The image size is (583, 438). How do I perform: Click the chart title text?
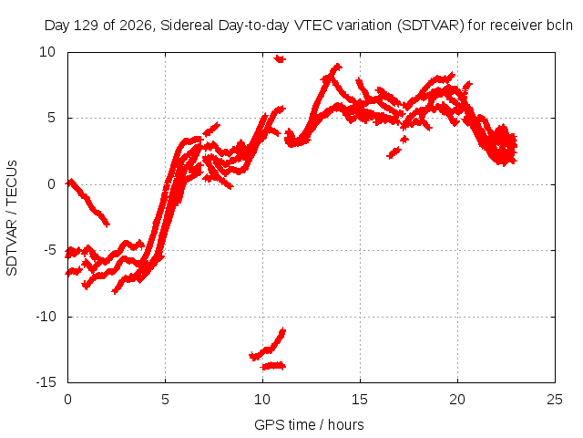pyautogui.click(x=308, y=26)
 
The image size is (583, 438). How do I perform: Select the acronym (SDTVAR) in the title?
pyautogui.click(x=431, y=26)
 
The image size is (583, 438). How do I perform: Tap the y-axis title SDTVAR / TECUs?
pyautogui.click(x=12, y=218)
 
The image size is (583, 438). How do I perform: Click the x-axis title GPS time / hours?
pyautogui.click(x=309, y=424)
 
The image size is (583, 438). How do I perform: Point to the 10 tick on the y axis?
pyautogui.click(x=47, y=52)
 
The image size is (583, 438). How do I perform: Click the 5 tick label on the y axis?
pyautogui.click(x=51, y=118)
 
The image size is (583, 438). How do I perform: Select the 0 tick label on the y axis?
pyautogui.click(x=51, y=184)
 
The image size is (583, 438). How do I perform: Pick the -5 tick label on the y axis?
pyautogui.click(x=49, y=250)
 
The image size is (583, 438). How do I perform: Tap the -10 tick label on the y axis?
pyautogui.click(x=46, y=317)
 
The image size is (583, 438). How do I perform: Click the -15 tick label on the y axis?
pyautogui.click(x=46, y=382)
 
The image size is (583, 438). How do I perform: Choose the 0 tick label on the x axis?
pyautogui.click(x=67, y=400)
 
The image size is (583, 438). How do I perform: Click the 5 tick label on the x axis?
pyautogui.click(x=165, y=400)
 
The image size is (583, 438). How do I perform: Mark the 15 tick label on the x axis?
pyautogui.click(x=360, y=400)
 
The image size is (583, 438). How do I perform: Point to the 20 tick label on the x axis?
pyautogui.click(x=457, y=400)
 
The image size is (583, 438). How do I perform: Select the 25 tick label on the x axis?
pyautogui.click(x=555, y=400)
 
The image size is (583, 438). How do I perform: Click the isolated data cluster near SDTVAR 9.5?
pyautogui.click(x=280, y=58)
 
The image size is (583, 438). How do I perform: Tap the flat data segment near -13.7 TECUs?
pyautogui.click(x=273, y=366)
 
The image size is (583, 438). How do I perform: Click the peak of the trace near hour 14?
pyautogui.click(x=337, y=67)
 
